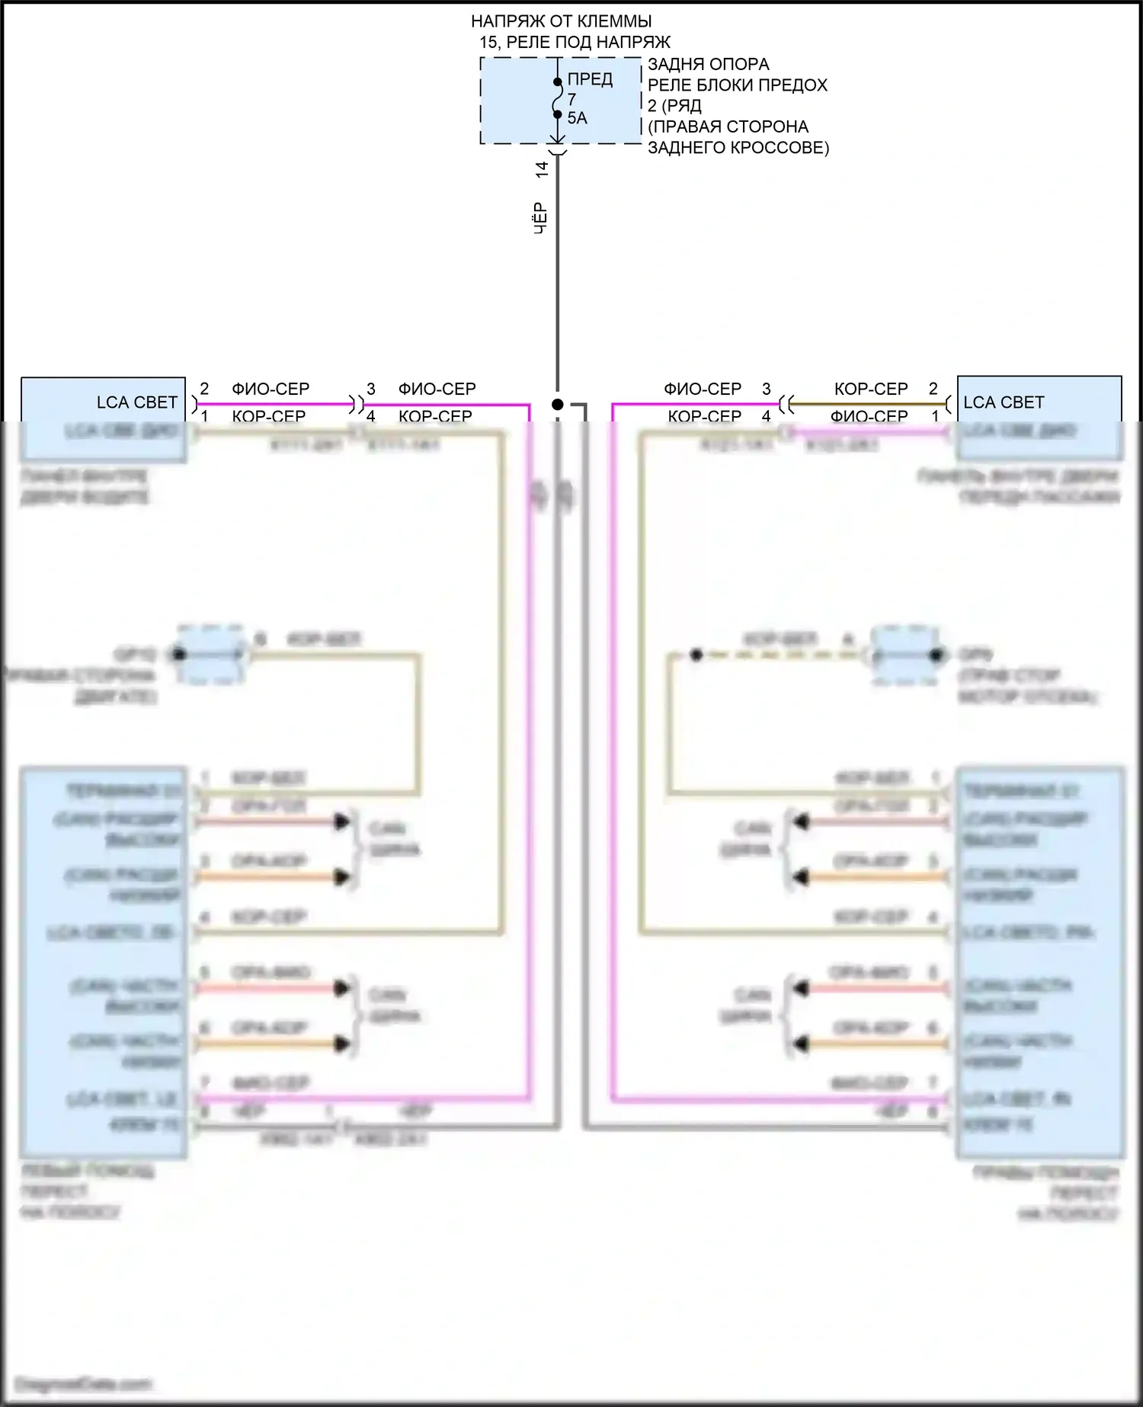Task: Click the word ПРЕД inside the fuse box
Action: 590,79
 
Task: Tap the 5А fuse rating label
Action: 577,118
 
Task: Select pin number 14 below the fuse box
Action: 542,169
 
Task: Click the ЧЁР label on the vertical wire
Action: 540,218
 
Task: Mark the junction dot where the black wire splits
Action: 558,404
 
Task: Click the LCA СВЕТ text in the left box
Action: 137,402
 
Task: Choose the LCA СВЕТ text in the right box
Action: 1004,402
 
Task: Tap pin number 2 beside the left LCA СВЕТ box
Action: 204,389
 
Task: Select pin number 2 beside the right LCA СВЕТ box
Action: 933,389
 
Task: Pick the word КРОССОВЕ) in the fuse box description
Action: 786,147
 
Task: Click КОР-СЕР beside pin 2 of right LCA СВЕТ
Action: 871,389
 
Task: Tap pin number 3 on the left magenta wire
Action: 371,389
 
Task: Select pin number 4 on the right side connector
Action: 767,416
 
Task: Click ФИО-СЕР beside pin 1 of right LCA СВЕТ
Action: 869,416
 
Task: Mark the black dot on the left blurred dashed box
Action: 180,654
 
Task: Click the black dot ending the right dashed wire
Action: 696,655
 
